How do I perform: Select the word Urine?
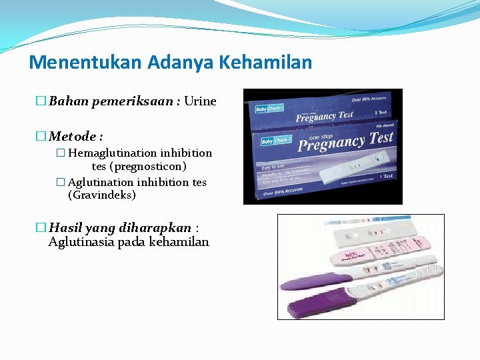click(200, 101)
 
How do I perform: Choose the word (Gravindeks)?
click(102, 195)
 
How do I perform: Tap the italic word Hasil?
click(65, 228)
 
